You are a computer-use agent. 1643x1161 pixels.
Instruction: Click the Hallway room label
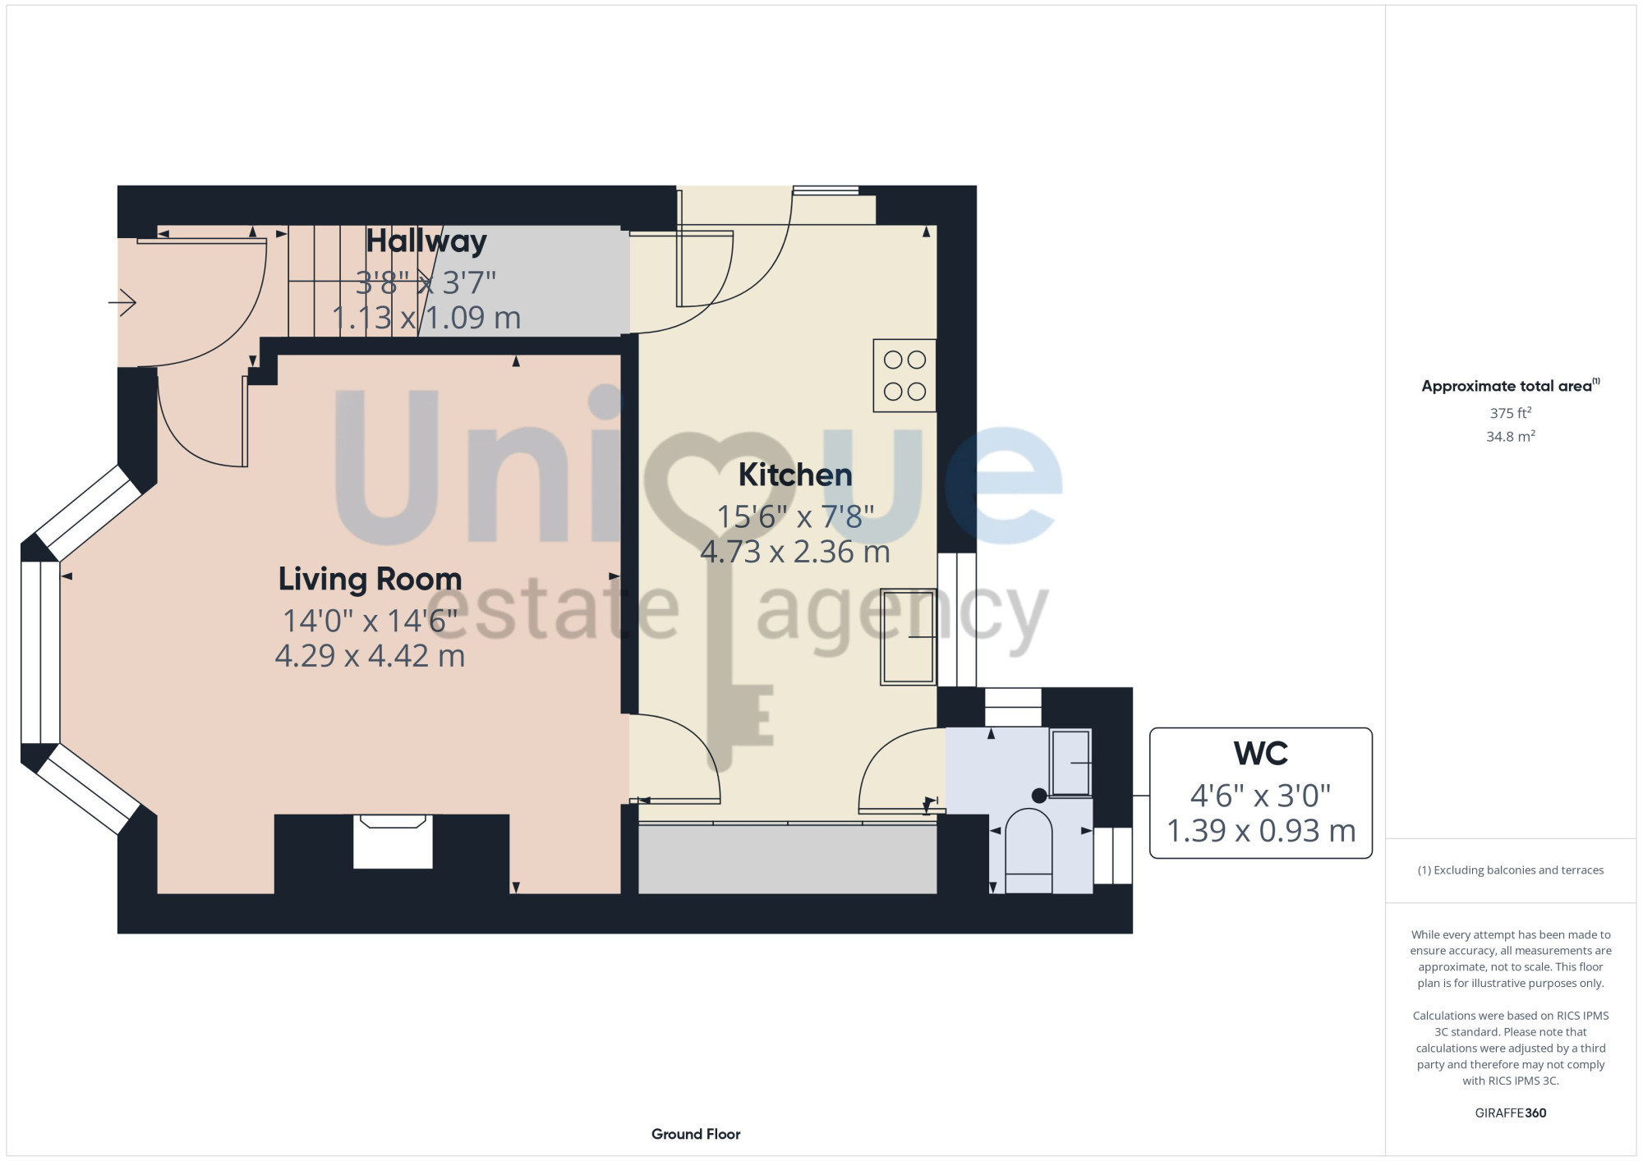[x=426, y=241]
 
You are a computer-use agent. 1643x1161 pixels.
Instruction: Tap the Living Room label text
[x=370, y=579]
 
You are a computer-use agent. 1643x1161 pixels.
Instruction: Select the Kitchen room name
[x=795, y=475]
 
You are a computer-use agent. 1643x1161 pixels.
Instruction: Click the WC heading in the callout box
[x=1260, y=753]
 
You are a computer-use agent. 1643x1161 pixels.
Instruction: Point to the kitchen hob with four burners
[x=904, y=375]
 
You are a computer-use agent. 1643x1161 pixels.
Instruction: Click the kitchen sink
[x=909, y=636]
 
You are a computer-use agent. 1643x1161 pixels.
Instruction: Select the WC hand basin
[x=1070, y=763]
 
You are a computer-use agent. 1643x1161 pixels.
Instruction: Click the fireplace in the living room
[x=393, y=841]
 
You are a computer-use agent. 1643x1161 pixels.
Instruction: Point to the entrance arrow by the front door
[x=122, y=302]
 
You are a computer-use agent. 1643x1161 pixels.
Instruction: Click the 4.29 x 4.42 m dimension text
[x=370, y=656]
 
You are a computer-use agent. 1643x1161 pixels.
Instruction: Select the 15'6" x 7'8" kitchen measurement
[x=795, y=516]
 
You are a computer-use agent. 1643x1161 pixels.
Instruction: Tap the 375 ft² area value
[x=1510, y=413]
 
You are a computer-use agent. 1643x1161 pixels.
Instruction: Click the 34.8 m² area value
[x=1510, y=436]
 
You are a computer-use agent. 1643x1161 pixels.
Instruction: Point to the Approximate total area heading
[x=1510, y=386]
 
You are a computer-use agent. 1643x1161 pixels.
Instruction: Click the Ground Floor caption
[x=696, y=1134]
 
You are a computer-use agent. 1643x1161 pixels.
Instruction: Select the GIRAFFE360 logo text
[x=1510, y=1113]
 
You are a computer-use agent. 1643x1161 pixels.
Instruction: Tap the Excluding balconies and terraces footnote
[x=1510, y=870]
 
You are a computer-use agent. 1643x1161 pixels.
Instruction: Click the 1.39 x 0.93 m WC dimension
[x=1260, y=831]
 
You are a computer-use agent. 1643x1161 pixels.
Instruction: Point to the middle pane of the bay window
[x=40, y=653]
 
